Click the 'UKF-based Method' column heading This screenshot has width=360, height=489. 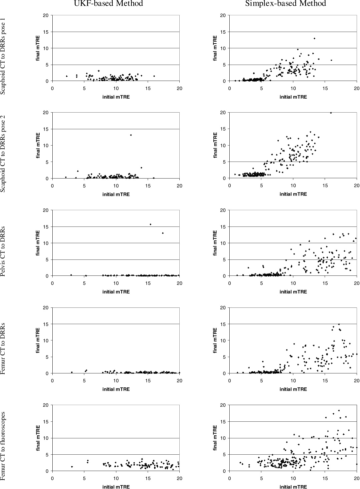108,4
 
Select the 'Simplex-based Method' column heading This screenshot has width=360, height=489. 285,4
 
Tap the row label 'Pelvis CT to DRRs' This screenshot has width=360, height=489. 3,251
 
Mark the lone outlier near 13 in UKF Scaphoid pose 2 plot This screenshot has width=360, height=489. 131,135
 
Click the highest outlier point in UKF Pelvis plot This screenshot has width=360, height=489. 150,224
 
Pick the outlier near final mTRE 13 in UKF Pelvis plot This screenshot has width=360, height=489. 163,233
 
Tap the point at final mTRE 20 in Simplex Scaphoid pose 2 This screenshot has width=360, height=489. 331,113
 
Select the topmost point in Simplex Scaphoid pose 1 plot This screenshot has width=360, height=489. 314,38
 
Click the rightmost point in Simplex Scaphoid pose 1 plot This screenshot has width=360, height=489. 331,60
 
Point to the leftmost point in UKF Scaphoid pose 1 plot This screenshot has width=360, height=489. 67,76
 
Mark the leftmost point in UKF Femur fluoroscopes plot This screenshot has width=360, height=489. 72,467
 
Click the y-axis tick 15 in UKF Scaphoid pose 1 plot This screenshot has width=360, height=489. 46,32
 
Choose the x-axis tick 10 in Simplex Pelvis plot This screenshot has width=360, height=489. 293,283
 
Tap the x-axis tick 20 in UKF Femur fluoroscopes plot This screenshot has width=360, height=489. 179,478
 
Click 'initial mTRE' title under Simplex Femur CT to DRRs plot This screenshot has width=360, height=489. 293,389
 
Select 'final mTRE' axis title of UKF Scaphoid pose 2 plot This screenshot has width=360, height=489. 38,145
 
